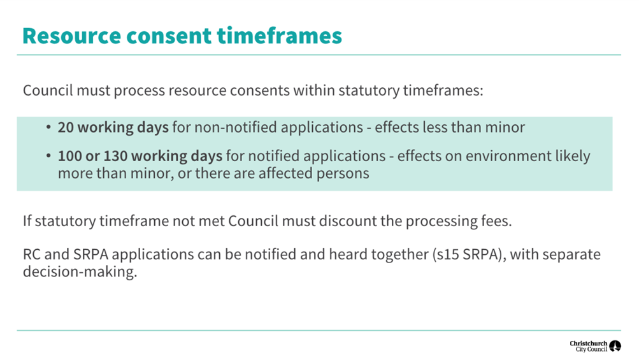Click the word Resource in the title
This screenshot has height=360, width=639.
click(72, 36)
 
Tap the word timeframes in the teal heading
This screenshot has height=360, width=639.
click(279, 36)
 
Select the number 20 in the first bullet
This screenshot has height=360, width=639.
click(66, 127)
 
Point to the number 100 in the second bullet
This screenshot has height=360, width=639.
click(69, 156)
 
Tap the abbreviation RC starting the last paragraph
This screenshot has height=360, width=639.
click(31, 255)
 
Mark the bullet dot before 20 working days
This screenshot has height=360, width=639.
click(48, 127)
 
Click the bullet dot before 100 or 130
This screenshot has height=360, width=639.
click(48, 156)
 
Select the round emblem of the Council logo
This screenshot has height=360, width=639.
click(615, 346)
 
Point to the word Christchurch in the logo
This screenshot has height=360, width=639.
click(589, 343)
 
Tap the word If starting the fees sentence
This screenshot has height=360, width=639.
click(27, 221)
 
